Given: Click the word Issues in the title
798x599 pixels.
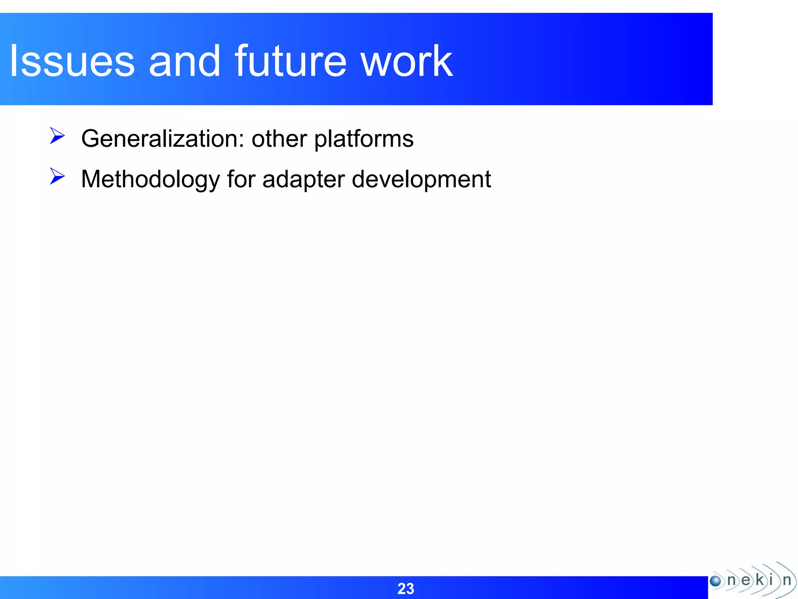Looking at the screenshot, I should (72, 61).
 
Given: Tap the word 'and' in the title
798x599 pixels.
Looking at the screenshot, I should (184, 61).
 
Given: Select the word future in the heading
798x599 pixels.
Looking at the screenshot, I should (290, 61).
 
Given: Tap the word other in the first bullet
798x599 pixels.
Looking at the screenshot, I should (279, 139).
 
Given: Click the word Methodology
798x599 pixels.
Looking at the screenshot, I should (150, 180).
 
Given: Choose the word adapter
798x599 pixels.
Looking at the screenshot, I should (304, 180).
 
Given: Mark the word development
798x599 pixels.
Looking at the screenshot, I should (421, 180).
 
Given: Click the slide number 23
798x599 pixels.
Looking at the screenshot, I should (405, 588).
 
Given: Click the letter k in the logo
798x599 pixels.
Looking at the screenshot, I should (759, 580).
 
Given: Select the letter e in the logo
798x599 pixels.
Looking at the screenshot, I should (745, 580).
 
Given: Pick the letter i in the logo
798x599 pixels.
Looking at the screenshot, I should (771, 580).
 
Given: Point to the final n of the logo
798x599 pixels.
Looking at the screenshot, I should (787, 580).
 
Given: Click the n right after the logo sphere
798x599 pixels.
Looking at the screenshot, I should (731, 580).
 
